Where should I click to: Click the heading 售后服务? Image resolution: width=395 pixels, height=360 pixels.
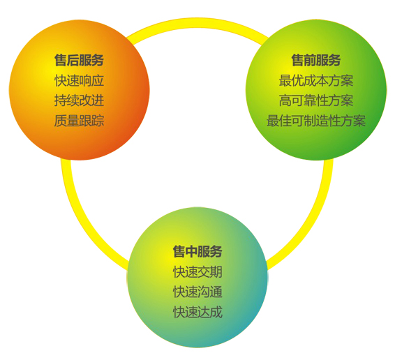(x=79, y=60)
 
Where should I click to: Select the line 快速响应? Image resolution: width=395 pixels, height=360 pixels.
(x=79, y=80)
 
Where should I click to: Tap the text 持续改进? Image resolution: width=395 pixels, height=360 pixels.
(x=79, y=100)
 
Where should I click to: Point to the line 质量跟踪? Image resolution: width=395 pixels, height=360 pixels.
(x=79, y=121)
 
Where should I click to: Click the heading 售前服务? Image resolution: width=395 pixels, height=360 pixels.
(x=316, y=60)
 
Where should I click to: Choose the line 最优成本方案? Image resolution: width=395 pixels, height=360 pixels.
(x=316, y=80)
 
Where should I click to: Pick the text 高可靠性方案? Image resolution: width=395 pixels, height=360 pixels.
(x=316, y=100)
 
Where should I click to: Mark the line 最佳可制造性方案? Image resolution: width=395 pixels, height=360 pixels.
(x=316, y=121)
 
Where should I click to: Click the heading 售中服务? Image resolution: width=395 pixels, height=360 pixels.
(x=197, y=251)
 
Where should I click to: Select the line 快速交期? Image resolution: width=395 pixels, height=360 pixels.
(x=197, y=272)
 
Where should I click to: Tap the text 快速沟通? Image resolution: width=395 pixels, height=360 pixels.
(x=197, y=292)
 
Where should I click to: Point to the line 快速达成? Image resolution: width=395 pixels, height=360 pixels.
(x=197, y=312)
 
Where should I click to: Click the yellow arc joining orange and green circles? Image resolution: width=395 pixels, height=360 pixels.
(x=197, y=22)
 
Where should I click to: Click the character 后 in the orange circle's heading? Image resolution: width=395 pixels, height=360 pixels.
(x=73, y=60)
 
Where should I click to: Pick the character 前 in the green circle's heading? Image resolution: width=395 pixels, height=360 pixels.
(x=310, y=60)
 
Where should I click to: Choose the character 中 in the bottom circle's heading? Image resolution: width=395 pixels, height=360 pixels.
(x=191, y=251)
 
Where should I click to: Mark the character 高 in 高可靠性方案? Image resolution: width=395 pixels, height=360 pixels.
(x=285, y=100)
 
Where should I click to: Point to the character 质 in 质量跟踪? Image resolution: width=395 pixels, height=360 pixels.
(x=61, y=121)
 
